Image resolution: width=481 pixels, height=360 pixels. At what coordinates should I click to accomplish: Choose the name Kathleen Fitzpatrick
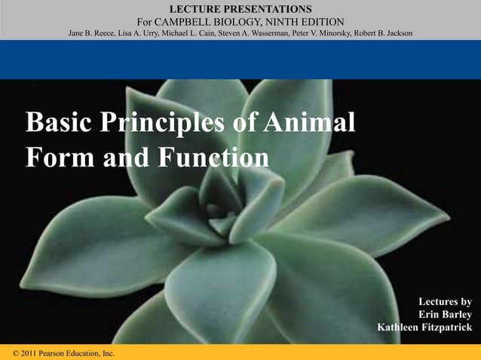point(425,328)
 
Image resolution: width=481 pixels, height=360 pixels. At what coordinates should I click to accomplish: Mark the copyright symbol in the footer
point(17,353)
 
